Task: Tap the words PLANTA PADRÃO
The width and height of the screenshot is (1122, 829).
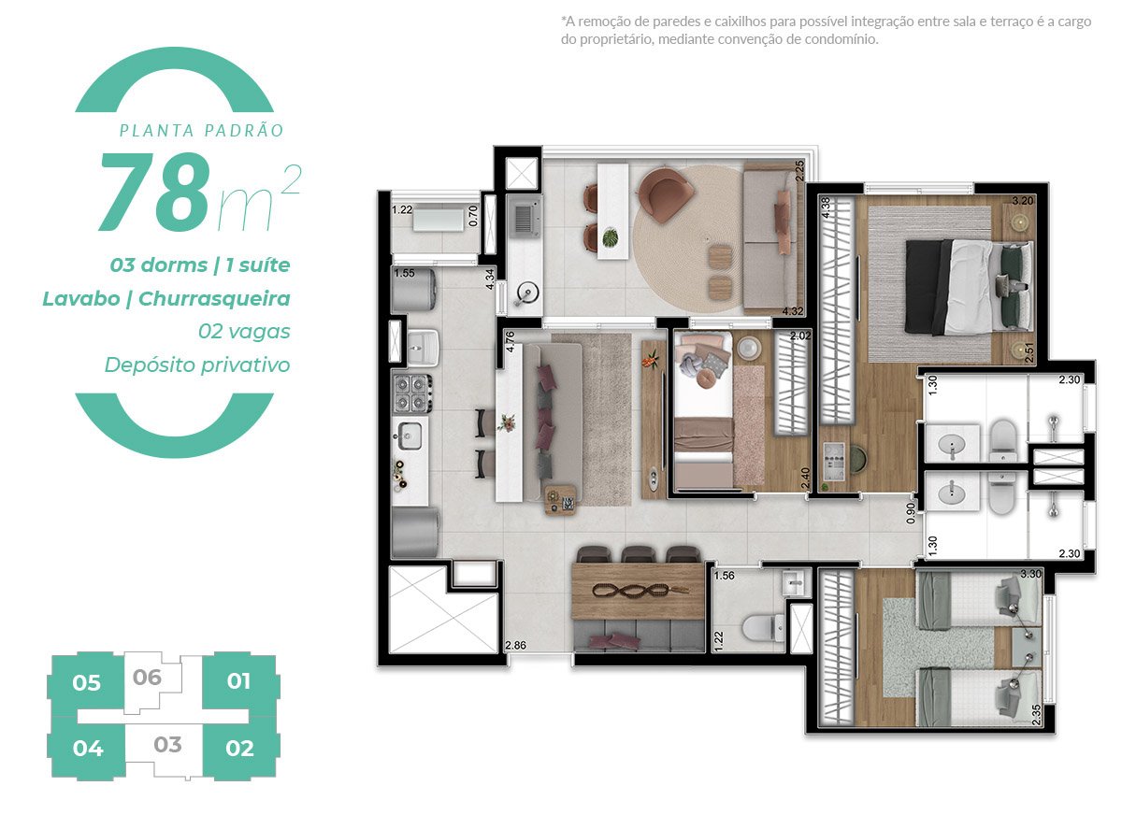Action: click(x=201, y=131)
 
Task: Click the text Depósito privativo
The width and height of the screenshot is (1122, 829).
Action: click(x=196, y=364)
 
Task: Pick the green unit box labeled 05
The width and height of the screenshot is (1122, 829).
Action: click(x=86, y=683)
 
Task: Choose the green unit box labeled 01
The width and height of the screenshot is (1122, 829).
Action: click(x=239, y=681)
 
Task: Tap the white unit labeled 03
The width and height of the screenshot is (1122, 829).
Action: click(x=167, y=746)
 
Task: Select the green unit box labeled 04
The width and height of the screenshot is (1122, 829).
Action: click(x=87, y=749)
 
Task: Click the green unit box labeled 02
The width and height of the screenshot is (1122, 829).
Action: click(x=239, y=749)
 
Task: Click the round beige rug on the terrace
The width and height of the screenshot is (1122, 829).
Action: click(x=687, y=241)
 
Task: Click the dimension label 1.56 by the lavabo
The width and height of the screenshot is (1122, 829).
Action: click(x=725, y=576)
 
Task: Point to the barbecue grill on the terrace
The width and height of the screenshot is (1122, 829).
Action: click(x=524, y=220)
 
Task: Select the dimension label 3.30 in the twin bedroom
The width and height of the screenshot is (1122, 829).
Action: click(x=1030, y=575)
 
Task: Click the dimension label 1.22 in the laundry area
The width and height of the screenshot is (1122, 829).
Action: click(x=403, y=210)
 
